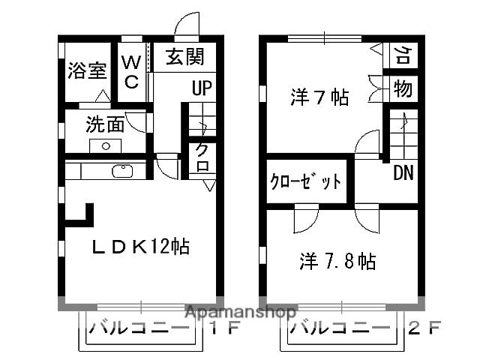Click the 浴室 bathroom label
pos(88,71)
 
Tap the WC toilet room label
pos(130,71)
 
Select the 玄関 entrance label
pos(184,56)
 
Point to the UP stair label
pos(201,88)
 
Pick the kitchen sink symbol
pos(122,171)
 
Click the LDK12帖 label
pos(139,246)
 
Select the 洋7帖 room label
pos(319,97)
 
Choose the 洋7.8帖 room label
pos(337,261)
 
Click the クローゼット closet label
pos(305,181)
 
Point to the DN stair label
pos(403,172)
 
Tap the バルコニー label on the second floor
pos(340,328)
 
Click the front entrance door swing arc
pos(187,22)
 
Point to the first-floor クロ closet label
pos(202,157)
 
